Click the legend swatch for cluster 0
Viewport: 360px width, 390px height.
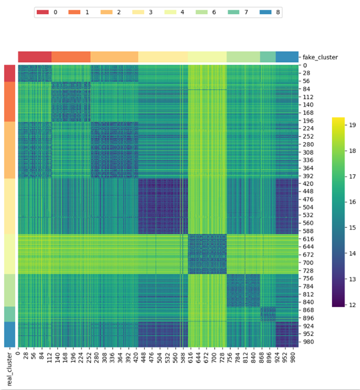click(x=43, y=12)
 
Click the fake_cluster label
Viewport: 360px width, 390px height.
click(x=320, y=57)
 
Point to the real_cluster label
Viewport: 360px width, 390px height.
click(x=9, y=370)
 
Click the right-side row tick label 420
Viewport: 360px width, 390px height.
click(x=309, y=184)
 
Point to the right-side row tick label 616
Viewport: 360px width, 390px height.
click(x=309, y=238)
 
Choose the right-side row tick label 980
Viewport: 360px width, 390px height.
click(x=309, y=342)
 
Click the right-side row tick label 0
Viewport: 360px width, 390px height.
click(x=305, y=66)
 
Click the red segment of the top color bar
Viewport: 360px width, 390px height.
click(x=34, y=57)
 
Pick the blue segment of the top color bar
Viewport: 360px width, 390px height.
click(x=287, y=57)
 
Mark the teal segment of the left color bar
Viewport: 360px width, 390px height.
click(x=10, y=314)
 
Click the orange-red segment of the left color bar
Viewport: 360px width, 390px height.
click(x=10, y=101)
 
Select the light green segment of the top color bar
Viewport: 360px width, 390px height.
click(x=243, y=57)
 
